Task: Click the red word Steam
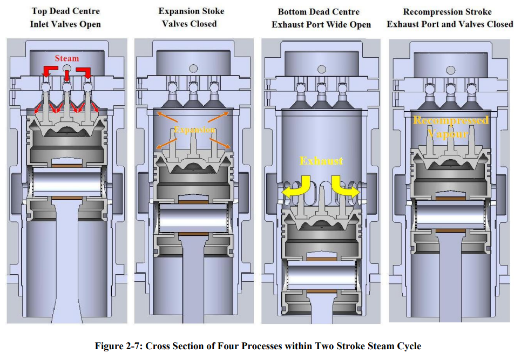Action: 66,58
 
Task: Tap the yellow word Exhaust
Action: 321,161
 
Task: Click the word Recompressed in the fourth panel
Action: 451,120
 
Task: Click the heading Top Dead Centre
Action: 66,11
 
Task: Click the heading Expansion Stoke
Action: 191,11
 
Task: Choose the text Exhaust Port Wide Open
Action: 321,24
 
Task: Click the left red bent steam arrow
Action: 51,70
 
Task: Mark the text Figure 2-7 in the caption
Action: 117,346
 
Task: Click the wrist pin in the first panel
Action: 67,181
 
